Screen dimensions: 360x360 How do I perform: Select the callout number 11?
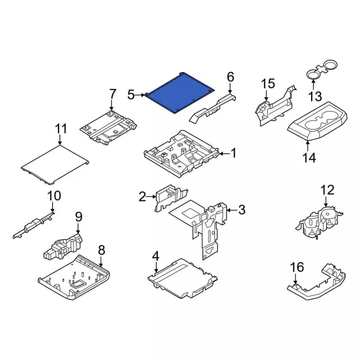61,129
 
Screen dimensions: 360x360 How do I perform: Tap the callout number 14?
309,157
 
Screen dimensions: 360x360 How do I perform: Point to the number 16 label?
297,267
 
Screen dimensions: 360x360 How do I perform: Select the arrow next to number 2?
151,196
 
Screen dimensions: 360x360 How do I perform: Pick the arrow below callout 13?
313,84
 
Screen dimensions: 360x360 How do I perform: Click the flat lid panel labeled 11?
55,164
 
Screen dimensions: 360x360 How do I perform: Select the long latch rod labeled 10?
33,226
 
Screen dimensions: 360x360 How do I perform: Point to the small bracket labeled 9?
62,246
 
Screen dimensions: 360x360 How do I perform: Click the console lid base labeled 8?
74,277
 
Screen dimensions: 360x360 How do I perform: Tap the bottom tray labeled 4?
182,278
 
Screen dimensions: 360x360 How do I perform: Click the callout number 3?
242,210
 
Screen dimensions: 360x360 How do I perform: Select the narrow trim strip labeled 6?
213,108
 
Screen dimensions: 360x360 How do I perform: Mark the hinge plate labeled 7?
108,128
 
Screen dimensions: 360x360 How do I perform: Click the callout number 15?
268,83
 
